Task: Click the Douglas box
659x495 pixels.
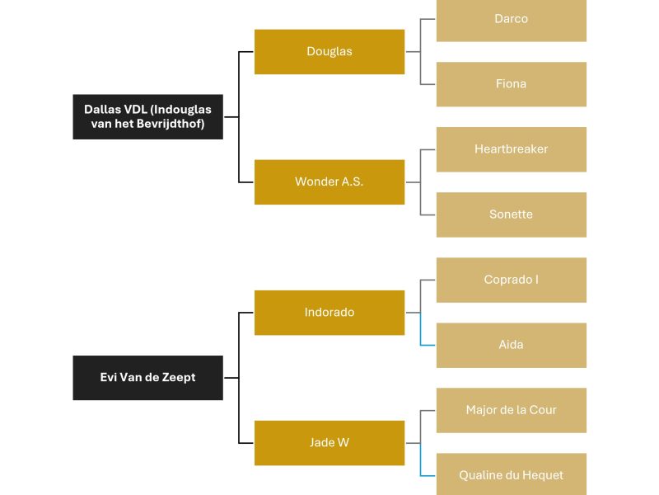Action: coord(329,52)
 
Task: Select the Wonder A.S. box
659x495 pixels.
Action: coord(329,182)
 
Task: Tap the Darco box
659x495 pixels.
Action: coord(512,20)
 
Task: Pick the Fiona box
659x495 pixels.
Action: coord(512,84)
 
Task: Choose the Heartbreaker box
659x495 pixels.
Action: coord(512,149)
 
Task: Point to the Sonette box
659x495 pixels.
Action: coord(512,214)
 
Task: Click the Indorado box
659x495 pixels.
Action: coord(329,313)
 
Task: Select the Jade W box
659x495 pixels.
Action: coord(329,443)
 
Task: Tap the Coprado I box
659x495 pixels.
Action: coord(512,280)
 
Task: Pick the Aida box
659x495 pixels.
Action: coord(512,345)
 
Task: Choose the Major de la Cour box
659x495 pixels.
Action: coord(512,410)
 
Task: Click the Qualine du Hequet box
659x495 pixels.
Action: coord(512,474)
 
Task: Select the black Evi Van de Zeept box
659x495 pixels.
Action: coord(148,378)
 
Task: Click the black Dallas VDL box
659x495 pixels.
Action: coord(148,117)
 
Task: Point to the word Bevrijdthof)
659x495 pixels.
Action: coord(171,124)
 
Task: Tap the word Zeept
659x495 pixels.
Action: coord(179,378)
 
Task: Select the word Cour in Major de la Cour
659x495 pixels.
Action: coord(543,410)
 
